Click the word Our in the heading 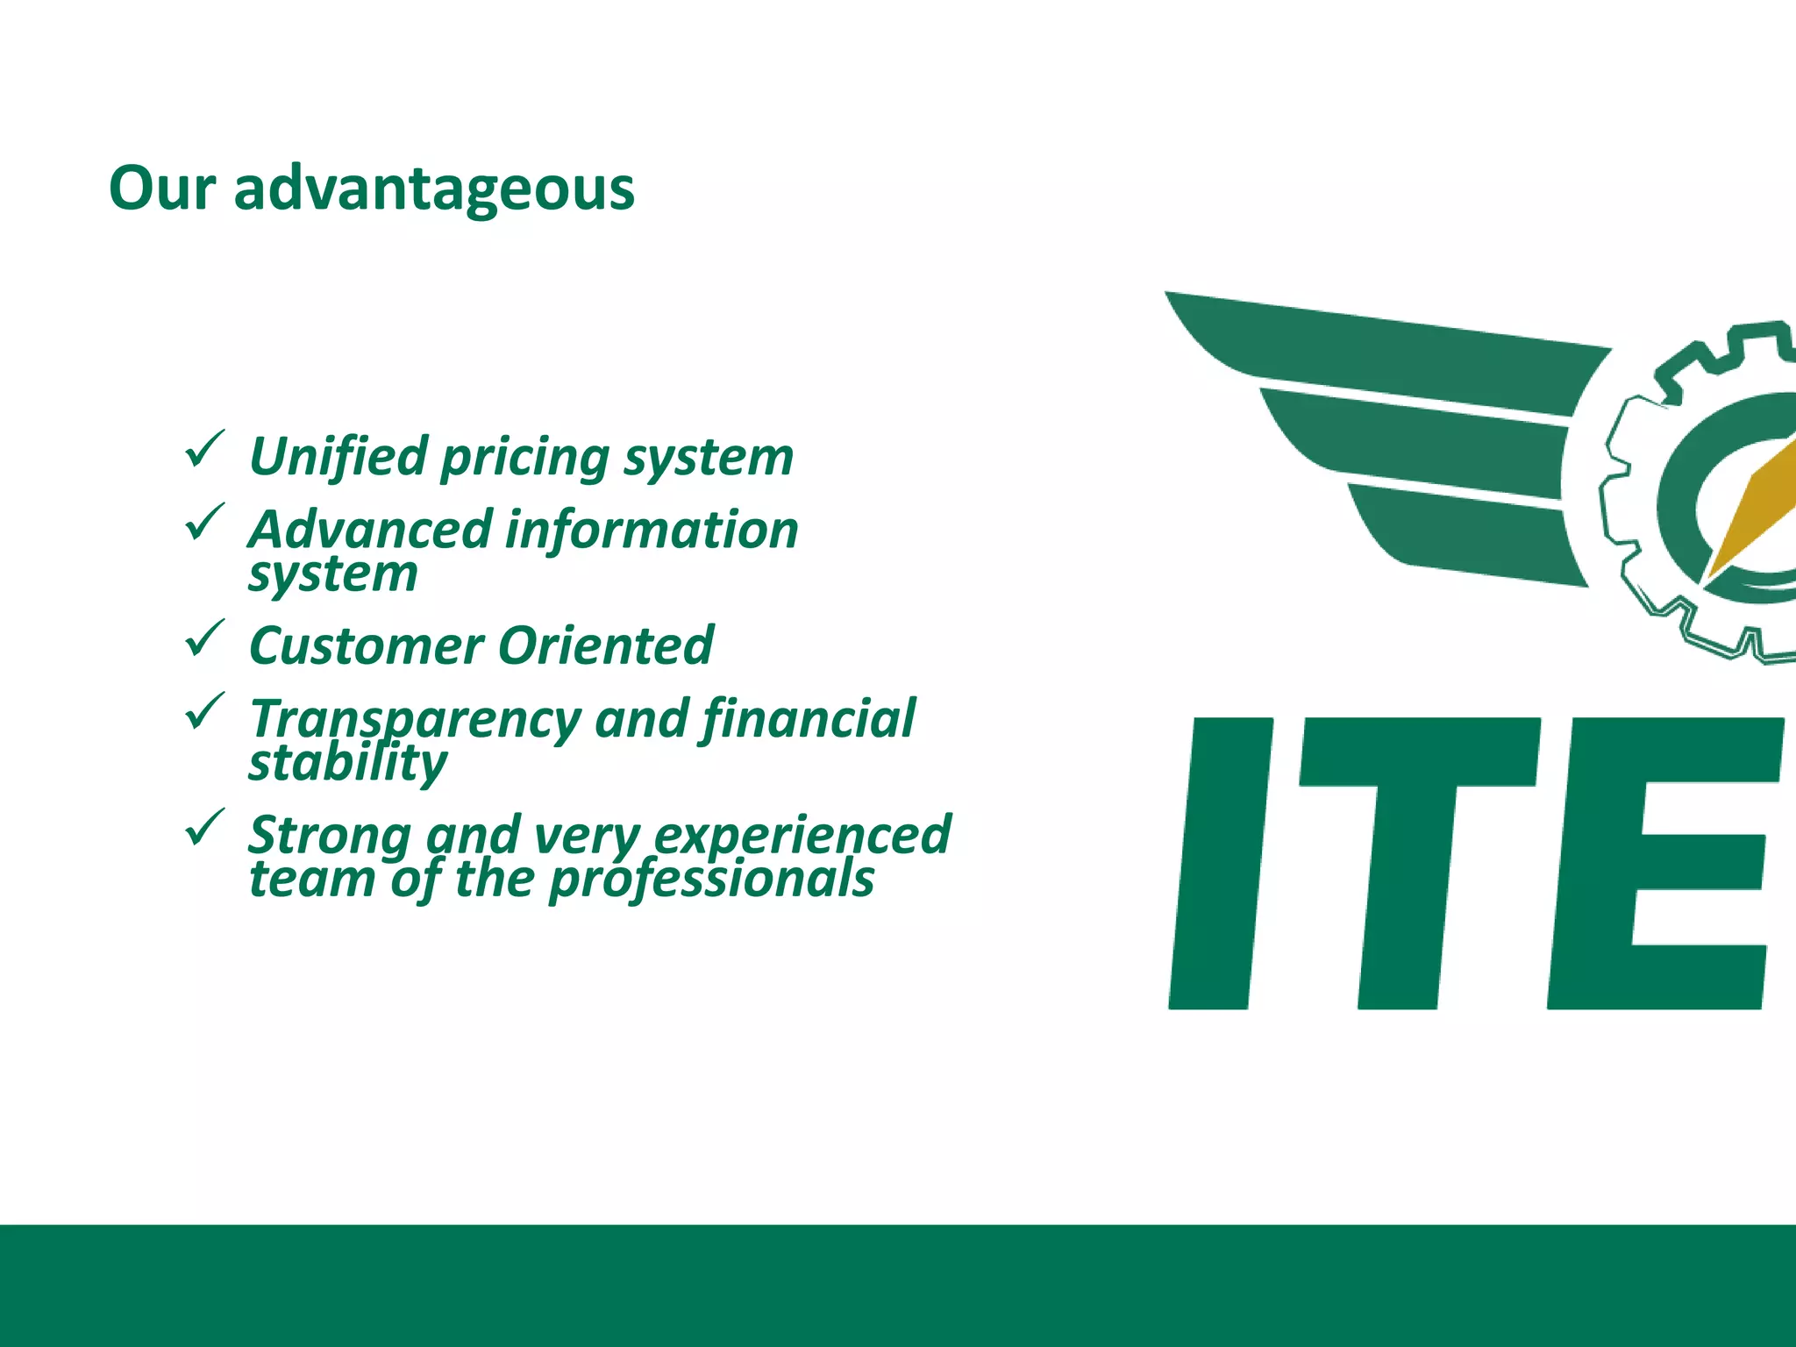coord(162,189)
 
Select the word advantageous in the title coord(434,190)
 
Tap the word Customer coord(366,646)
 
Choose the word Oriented coord(606,646)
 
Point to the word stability coord(347,763)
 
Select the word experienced coord(802,836)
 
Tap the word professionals coord(711,880)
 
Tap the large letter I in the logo coord(1221,864)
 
